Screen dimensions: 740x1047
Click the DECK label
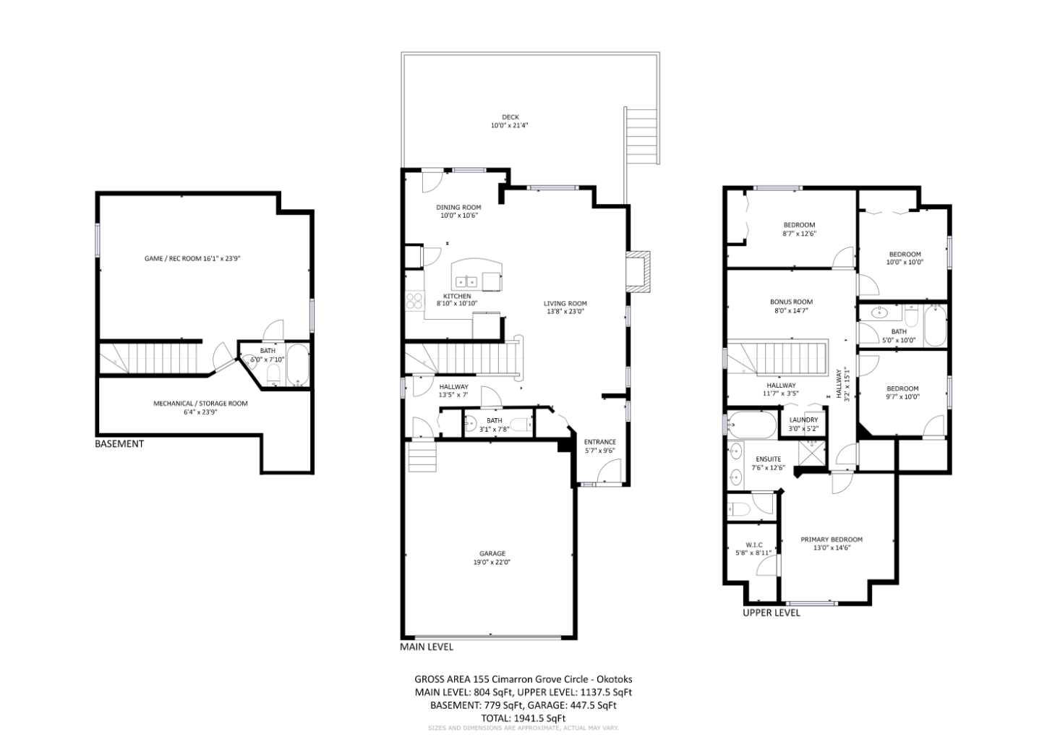pyautogui.click(x=510, y=117)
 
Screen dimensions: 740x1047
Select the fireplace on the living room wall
pyautogui.click(x=638, y=271)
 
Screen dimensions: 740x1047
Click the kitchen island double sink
pyautogui.click(x=466, y=281)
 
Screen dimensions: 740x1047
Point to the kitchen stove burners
pyautogui.click(x=414, y=299)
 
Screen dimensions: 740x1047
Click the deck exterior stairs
pyautogui.click(x=641, y=137)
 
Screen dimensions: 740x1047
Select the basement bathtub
pyautogui.click(x=298, y=366)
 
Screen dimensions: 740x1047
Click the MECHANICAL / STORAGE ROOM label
pyautogui.click(x=200, y=404)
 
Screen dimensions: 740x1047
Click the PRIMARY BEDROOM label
pyautogui.click(x=831, y=540)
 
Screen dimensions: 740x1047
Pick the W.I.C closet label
pyautogui.click(x=753, y=545)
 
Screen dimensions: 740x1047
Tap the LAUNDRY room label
pyautogui.click(x=803, y=420)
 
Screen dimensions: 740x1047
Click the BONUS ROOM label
pyautogui.click(x=791, y=302)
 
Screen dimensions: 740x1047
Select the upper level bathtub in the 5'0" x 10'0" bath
pyautogui.click(x=934, y=326)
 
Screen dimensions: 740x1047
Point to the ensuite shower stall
pyautogui.click(x=811, y=451)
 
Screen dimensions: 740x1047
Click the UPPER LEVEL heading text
pyautogui.click(x=772, y=613)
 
